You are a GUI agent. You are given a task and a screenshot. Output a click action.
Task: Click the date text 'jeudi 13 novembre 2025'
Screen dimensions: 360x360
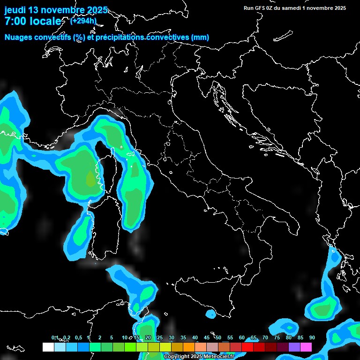[x=56, y=10]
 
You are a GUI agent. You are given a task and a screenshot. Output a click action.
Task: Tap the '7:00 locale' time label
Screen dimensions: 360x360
[x=33, y=21]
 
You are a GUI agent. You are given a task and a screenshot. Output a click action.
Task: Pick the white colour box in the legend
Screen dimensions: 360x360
[x=48, y=347]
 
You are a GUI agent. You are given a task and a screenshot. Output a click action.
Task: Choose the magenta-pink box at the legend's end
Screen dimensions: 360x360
[x=306, y=347]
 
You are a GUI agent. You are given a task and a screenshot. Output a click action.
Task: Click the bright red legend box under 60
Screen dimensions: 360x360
[x=247, y=347]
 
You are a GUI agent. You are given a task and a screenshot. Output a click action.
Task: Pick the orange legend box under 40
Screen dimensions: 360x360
[x=189, y=347]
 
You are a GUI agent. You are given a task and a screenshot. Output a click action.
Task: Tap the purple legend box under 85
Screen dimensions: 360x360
[x=294, y=347]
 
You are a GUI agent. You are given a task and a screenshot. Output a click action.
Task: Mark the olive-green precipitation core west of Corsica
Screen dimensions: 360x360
[x=90, y=179]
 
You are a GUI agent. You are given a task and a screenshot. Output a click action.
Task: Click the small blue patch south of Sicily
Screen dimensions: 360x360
[x=210, y=313]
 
